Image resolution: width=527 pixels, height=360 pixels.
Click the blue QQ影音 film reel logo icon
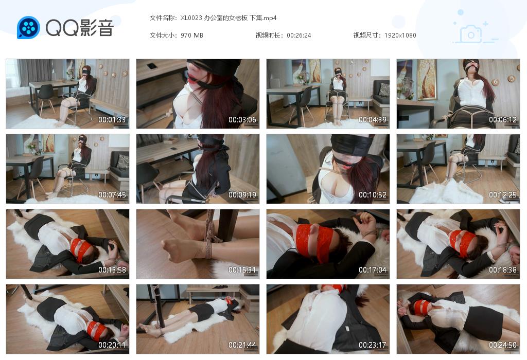tap(28, 27)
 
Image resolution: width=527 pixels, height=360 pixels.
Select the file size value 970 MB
tap(192, 35)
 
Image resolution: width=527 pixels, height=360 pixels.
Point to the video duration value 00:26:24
tap(298, 35)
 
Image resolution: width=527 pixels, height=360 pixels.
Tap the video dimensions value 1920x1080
tap(400, 35)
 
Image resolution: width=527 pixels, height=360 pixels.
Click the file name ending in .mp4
tap(229, 18)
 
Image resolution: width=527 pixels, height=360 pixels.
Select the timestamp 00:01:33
tap(112, 120)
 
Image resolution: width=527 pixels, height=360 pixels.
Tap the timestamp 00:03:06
tap(242, 120)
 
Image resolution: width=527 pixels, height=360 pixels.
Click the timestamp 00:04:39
tap(373, 120)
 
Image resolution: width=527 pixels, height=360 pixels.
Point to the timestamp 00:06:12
tap(503, 120)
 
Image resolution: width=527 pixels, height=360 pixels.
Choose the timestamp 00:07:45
tap(112, 195)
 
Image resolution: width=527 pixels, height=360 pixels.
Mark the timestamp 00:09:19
tap(242, 195)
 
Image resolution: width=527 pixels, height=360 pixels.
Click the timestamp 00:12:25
tap(503, 195)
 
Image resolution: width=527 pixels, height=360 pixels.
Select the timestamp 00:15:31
tap(242, 270)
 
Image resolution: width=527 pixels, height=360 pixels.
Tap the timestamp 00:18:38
tap(503, 270)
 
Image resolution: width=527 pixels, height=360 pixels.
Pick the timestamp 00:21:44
tap(242, 345)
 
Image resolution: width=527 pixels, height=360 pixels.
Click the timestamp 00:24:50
tap(503, 345)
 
